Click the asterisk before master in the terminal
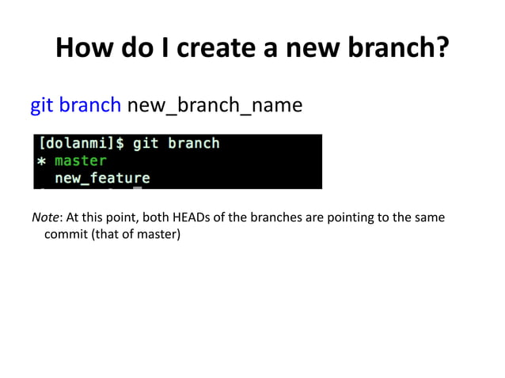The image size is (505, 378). pos(41,162)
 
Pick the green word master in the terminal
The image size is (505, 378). pos(80,161)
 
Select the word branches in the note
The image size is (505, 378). pos(277,217)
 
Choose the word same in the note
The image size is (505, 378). pos(429,217)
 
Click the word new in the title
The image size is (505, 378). pos(297,49)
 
